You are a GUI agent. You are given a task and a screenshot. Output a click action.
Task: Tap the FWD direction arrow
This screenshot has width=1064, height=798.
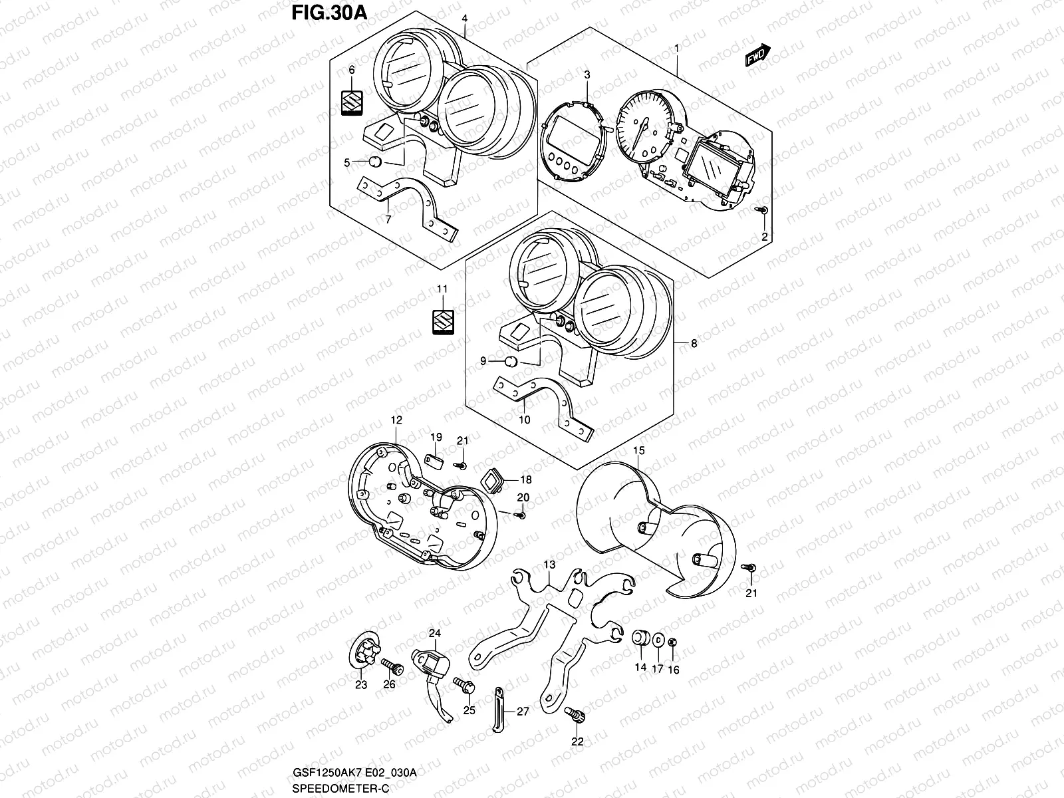[x=757, y=57]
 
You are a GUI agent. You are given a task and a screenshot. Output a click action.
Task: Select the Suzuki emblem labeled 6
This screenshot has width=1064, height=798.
[x=352, y=104]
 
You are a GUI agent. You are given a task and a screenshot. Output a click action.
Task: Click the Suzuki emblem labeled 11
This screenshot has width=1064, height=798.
[x=443, y=321]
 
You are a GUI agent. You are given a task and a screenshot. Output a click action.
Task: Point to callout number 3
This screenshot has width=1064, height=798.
[x=587, y=76]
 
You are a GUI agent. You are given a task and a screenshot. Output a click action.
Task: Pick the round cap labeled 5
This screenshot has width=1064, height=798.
[x=374, y=162]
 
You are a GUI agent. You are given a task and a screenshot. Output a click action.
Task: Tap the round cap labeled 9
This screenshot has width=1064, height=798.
[x=511, y=361]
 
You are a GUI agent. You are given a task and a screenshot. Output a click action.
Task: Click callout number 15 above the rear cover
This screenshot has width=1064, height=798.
[x=638, y=451]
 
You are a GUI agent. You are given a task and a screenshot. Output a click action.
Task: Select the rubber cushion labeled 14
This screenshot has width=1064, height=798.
[x=640, y=637]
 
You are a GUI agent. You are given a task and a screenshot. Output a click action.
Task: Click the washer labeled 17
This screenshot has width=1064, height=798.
[x=657, y=640]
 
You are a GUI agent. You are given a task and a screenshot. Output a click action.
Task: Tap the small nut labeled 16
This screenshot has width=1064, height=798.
[x=672, y=642]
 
